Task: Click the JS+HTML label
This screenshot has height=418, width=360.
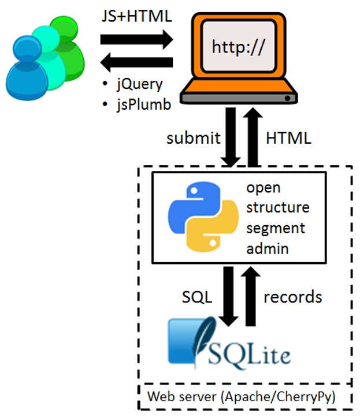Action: pos(136,16)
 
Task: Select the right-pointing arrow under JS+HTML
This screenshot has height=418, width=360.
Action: pos(136,39)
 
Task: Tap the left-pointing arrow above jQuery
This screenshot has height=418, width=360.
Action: pos(136,62)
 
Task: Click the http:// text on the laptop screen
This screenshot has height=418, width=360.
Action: pos(238,47)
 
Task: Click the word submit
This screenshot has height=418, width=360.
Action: pos(194,138)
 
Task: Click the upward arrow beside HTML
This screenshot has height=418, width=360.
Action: pos(253,137)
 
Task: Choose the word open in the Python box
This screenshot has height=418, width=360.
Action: pos(263,188)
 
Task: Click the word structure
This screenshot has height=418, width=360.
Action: pos(278,207)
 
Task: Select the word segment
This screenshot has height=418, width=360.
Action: pos(276,229)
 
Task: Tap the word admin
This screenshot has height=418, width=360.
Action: pos(268,248)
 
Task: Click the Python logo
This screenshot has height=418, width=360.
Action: pos(203,217)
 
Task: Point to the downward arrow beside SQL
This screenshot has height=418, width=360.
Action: pos(228,296)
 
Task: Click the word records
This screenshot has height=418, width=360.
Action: pos(293,297)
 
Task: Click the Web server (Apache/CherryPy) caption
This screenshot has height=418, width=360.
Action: pos(241,397)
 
